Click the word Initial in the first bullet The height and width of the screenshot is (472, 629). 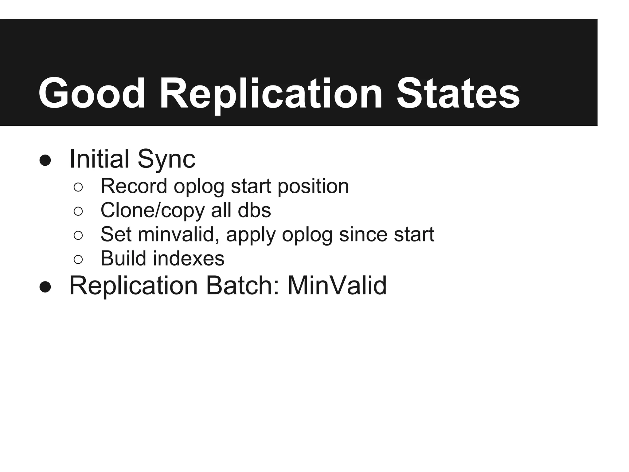click(x=99, y=159)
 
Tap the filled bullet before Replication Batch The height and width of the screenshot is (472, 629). click(x=45, y=287)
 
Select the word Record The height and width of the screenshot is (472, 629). click(x=134, y=186)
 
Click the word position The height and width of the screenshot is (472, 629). click(x=313, y=187)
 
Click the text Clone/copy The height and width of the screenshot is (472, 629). click(x=153, y=211)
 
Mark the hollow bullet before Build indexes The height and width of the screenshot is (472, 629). click(x=78, y=259)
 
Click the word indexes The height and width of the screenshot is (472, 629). click(x=189, y=258)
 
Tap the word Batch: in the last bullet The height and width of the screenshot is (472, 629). click(x=243, y=286)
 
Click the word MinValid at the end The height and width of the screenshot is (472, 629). click(x=337, y=286)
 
